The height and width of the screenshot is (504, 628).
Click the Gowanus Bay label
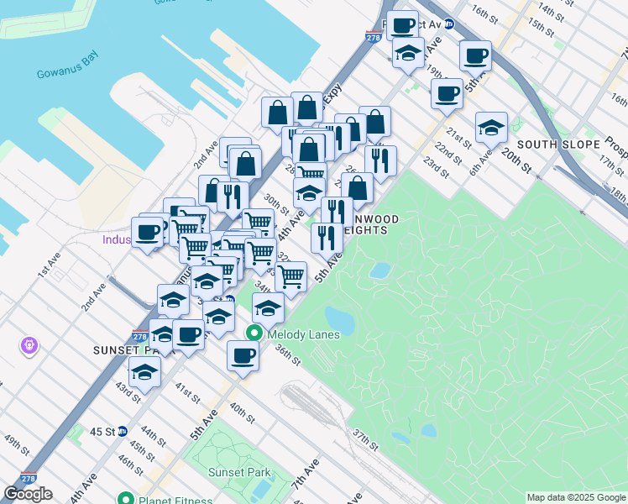pyautogui.click(x=67, y=73)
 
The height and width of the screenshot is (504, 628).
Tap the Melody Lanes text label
pyautogui.click(x=303, y=334)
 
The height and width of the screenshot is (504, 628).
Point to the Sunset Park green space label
pyautogui.click(x=238, y=472)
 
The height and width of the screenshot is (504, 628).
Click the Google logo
pyautogui.click(x=28, y=494)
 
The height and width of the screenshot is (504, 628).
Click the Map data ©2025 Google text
pyautogui.click(x=576, y=497)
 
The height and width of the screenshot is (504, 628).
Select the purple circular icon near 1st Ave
pyautogui.click(x=30, y=344)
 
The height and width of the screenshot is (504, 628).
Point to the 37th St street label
pyautogui.click(x=365, y=438)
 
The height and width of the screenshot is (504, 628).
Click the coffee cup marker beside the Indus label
pyautogui.click(x=148, y=233)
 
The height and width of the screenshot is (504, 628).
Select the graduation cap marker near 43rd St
pyautogui.click(x=144, y=371)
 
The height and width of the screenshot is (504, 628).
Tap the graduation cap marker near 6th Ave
pyautogui.click(x=491, y=128)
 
